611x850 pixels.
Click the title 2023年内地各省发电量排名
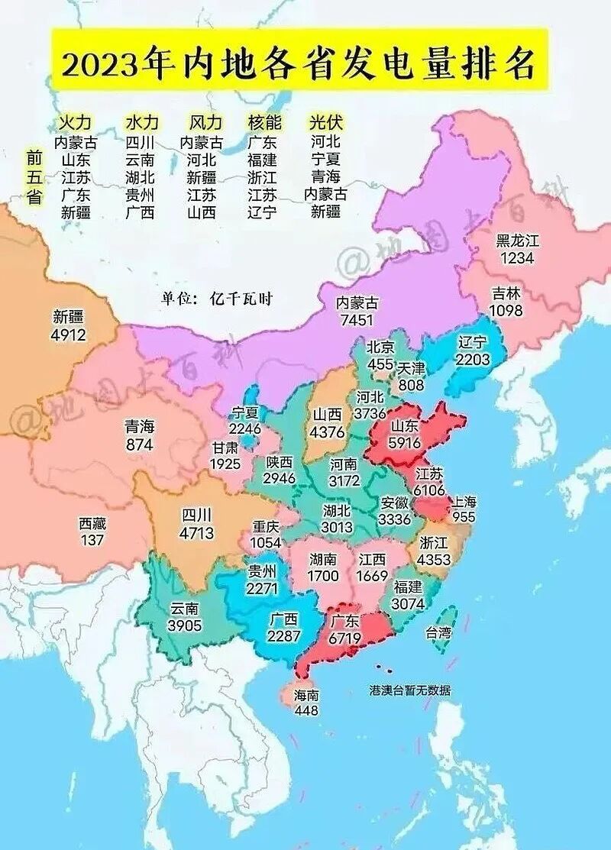point(299,64)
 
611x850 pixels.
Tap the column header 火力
point(76,123)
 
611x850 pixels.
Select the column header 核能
point(263,123)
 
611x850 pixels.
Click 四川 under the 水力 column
point(141,142)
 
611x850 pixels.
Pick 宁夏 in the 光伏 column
point(325,160)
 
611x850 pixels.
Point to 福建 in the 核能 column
point(263,160)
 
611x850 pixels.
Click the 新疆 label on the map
point(69,317)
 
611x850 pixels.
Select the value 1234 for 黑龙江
point(517,258)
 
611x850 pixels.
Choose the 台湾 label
point(438,632)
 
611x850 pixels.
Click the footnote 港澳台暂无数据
point(410,690)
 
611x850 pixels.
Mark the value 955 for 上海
point(464,517)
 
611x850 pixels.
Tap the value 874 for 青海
point(140,444)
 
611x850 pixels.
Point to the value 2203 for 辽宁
point(472,358)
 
